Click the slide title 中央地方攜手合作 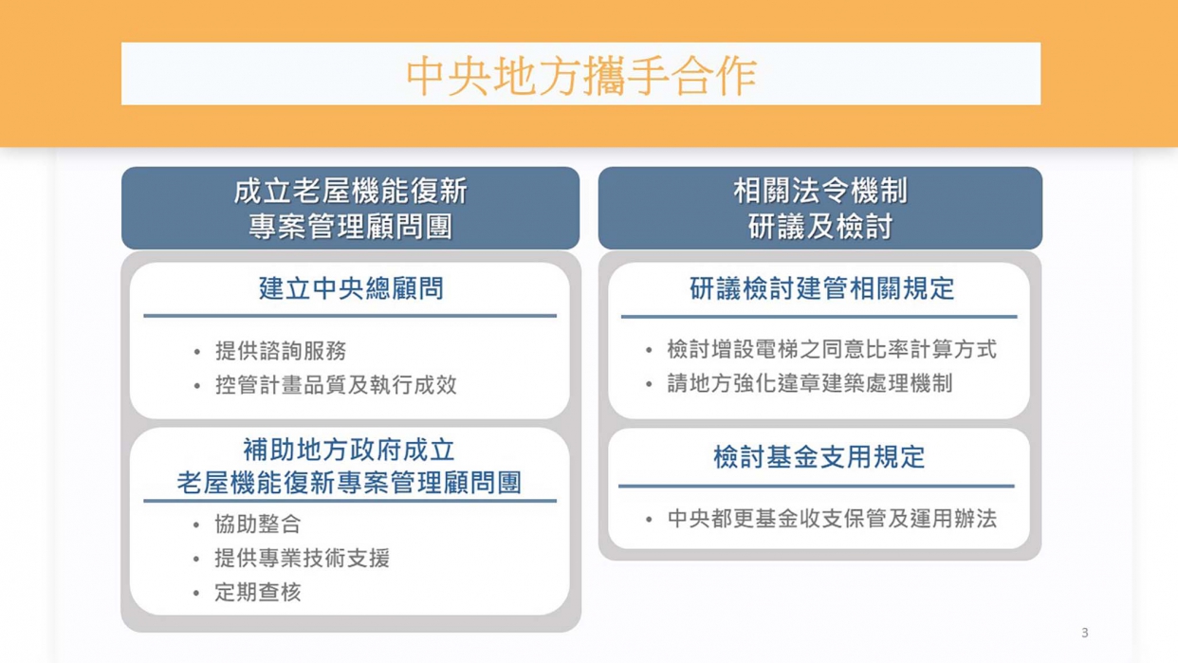580,75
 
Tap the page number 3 1084,633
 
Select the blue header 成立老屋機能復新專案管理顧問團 350,209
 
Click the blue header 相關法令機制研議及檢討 819,209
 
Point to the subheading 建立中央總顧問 351,289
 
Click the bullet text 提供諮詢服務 280,351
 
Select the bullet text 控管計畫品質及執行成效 336,385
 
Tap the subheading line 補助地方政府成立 349,450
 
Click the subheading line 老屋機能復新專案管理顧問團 349,482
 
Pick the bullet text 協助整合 257,525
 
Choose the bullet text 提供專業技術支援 302,559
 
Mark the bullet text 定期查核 257,593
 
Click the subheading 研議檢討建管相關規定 821,289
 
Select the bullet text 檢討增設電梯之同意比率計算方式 831,350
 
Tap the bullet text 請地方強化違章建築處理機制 809,384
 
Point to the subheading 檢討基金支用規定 819,457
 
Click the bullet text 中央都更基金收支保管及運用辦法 831,519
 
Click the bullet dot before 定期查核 196,594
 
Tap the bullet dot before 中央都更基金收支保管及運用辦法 649,520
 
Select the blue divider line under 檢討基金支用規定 817,487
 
